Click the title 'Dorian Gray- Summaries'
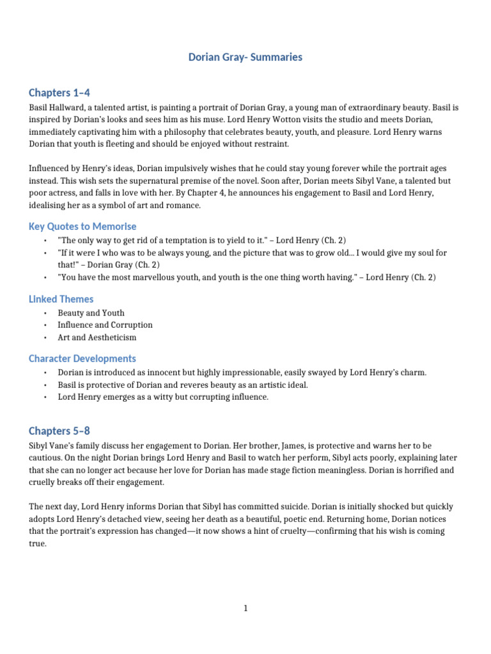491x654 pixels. (x=245, y=57)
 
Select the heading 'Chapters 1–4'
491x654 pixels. (x=64, y=93)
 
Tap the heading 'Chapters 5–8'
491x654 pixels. (x=64, y=430)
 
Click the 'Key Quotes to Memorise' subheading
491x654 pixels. (x=82, y=226)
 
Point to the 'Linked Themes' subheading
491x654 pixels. (x=61, y=299)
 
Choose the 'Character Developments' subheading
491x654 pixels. (x=82, y=358)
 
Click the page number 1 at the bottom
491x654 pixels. (x=245, y=609)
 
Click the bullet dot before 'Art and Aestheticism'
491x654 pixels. (x=46, y=337)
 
